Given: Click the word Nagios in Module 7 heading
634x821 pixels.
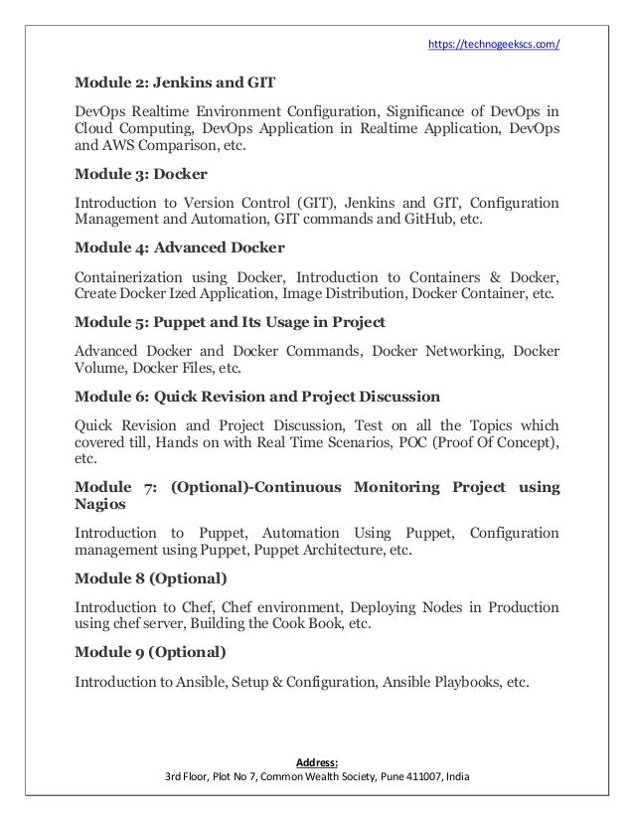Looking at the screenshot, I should click(x=101, y=504).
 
